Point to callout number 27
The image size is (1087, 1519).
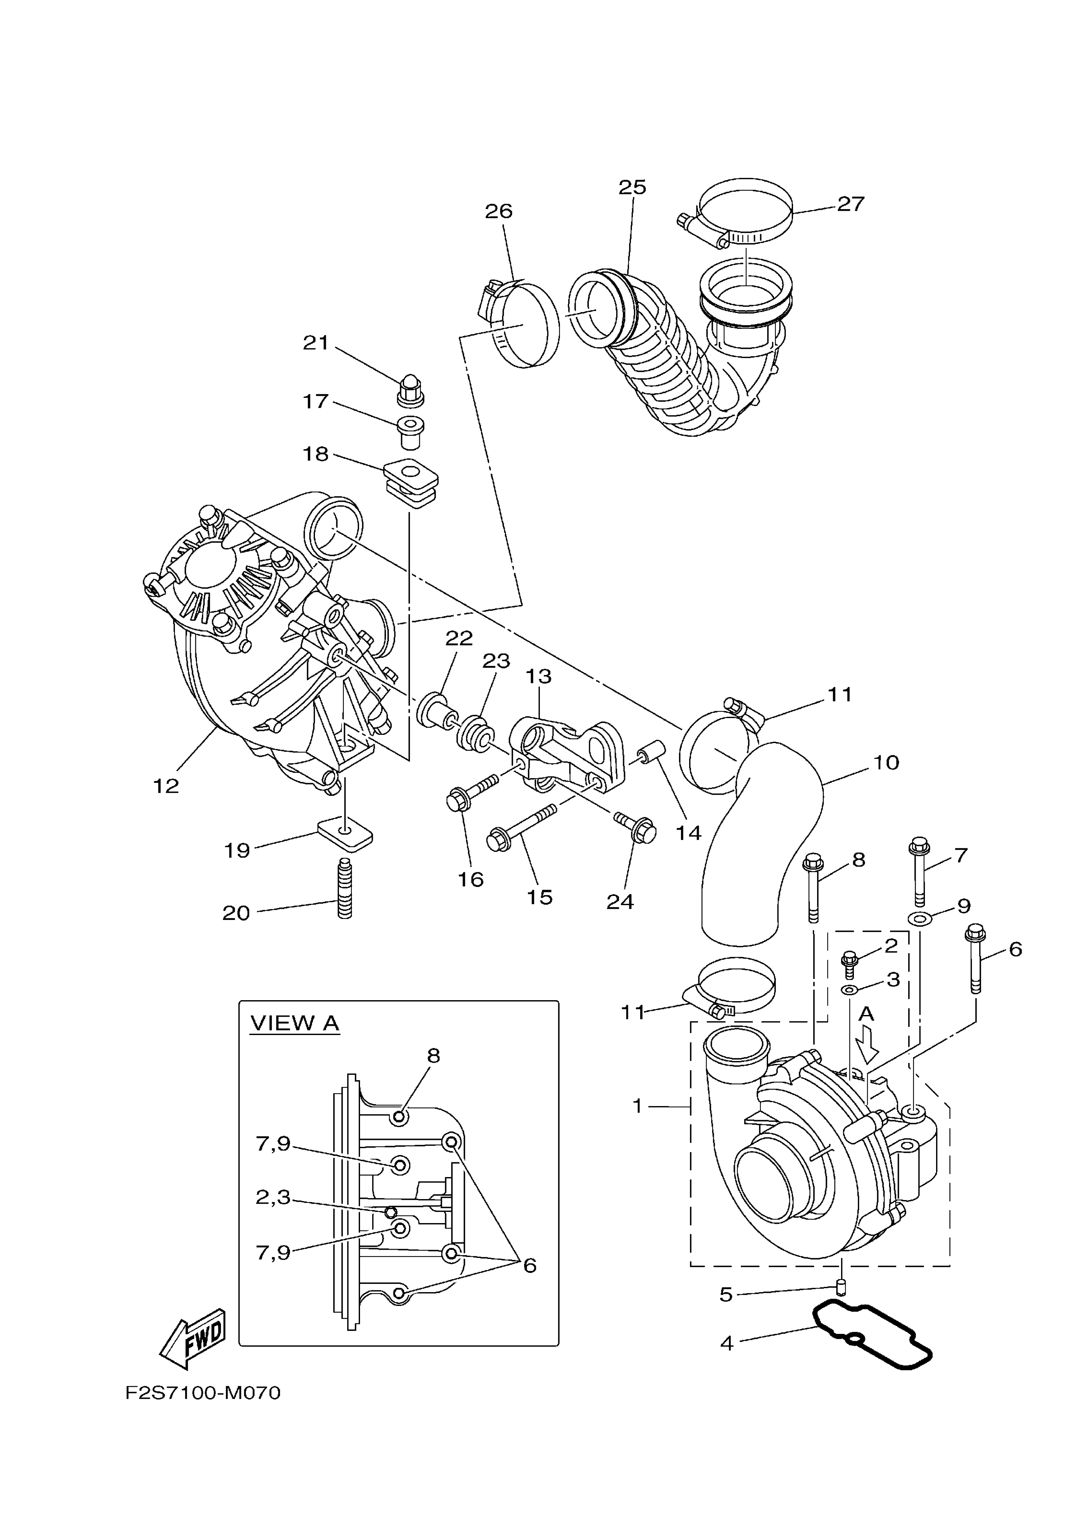tap(851, 204)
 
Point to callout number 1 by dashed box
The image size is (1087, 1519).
tap(637, 1106)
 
